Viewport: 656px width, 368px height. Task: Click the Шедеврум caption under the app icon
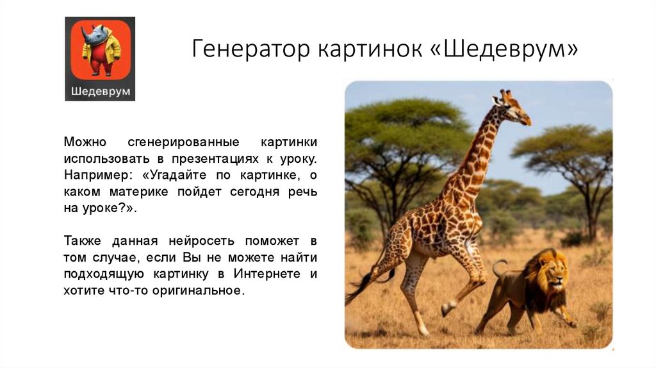click(x=100, y=90)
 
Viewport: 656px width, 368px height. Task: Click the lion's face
click(x=552, y=278)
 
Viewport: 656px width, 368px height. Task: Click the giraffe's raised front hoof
click(x=446, y=310)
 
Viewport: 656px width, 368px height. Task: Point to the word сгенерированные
click(x=192, y=141)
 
